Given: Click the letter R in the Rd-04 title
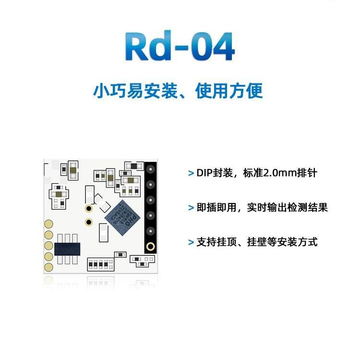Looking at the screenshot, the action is click(137, 46).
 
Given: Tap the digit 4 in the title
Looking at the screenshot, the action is click(222, 46).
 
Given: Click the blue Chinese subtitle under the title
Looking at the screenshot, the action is click(178, 91).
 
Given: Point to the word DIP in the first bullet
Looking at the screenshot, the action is click(204, 173).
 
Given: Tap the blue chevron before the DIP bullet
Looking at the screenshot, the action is click(191, 173).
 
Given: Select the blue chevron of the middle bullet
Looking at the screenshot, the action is click(191, 208).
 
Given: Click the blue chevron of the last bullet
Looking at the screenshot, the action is click(191, 242).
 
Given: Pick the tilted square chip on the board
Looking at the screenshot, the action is click(122, 217).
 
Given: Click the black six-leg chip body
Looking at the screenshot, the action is click(67, 249).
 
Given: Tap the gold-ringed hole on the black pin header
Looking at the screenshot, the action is click(150, 247).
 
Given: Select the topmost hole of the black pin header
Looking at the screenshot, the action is click(151, 169).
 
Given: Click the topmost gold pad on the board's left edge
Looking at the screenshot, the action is click(48, 224).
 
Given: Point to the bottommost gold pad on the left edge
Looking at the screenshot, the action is click(48, 267).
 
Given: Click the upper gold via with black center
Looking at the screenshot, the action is click(89, 208).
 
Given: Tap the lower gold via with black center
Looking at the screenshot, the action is click(89, 222).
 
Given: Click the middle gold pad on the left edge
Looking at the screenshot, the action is click(48, 246).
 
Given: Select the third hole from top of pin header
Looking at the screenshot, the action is click(151, 200).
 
